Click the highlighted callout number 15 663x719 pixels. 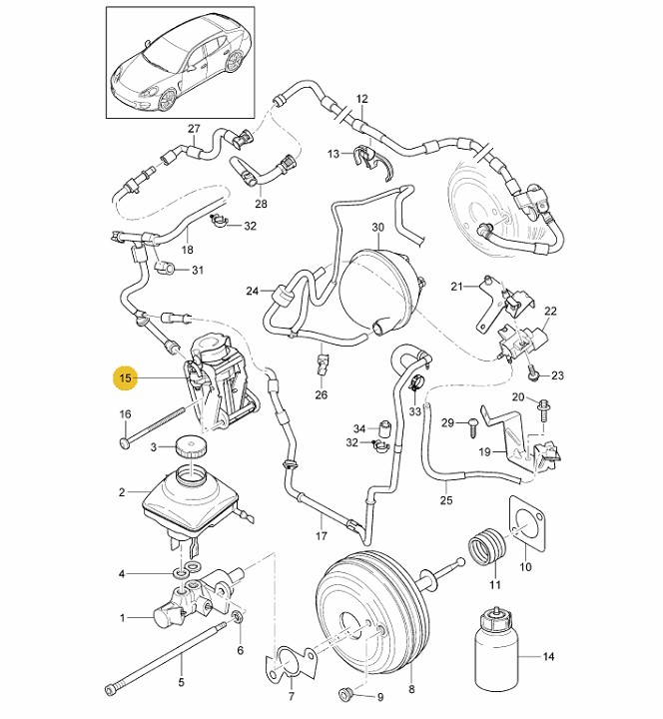(x=126, y=378)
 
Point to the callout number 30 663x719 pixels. (x=377, y=228)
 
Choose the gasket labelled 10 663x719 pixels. (x=526, y=526)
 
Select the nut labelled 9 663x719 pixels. (x=347, y=693)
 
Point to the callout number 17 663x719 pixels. (x=322, y=535)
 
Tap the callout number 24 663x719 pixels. (x=253, y=291)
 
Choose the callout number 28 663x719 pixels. (x=262, y=204)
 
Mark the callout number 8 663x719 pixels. (x=410, y=688)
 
